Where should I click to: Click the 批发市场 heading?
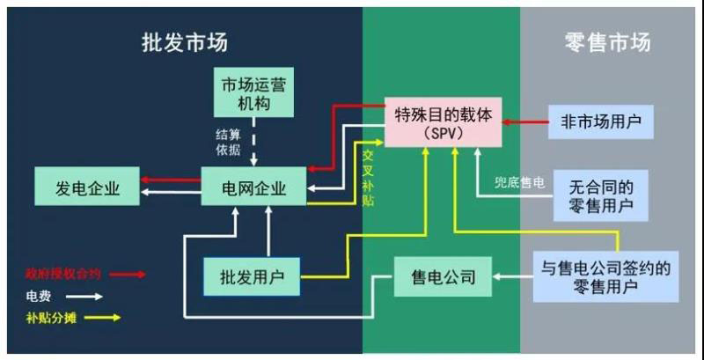(x=190, y=43)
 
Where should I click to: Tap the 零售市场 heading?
(x=607, y=43)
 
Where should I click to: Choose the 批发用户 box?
(x=251, y=277)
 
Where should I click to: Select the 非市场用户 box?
(x=601, y=122)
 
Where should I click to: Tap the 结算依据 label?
(x=228, y=142)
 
